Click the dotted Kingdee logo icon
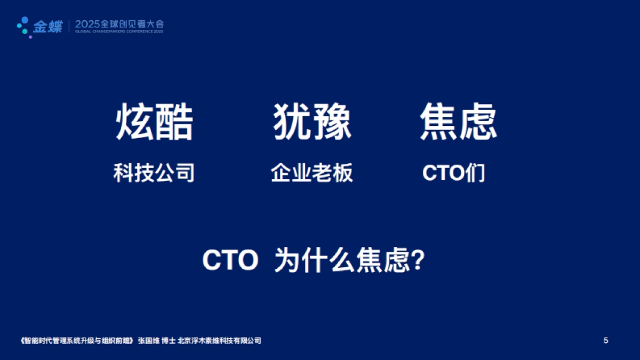click(x=23, y=25)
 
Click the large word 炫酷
click(x=154, y=122)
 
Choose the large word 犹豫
click(x=312, y=122)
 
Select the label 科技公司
click(x=154, y=173)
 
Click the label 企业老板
click(x=312, y=173)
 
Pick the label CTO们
click(x=454, y=173)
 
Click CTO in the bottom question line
click(x=230, y=262)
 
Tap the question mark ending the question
click(x=419, y=262)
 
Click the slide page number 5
click(x=605, y=341)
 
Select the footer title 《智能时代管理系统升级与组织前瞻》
click(x=75, y=341)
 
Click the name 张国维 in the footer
click(x=149, y=341)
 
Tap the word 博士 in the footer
click(x=169, y=341)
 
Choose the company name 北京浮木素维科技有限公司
click(x=219, y=341)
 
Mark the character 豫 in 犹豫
click(x=332, y=122)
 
